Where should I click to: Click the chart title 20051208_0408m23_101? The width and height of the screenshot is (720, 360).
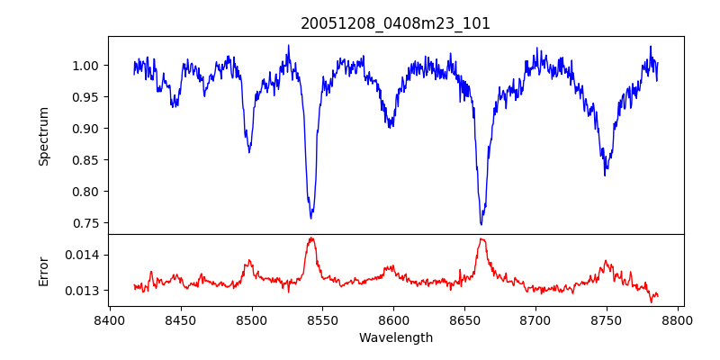point(395,23)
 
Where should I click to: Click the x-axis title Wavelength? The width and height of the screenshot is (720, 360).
point(395,337)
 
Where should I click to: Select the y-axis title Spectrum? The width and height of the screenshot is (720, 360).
point(43,136)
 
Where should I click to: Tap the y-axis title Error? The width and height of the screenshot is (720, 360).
point(43,270)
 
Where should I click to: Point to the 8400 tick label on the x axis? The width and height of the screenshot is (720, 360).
point(110,319)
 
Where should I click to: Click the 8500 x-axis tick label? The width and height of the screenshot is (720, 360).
point(252,319)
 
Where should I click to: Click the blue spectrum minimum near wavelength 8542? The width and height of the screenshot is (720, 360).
point(311,218)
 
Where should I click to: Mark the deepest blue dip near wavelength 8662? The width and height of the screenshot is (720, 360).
point(481,224)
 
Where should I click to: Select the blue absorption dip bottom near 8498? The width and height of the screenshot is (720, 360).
point(249,151)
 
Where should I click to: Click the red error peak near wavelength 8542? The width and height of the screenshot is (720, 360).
point(311,238)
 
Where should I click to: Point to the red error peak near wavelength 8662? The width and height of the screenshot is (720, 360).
point(482,239)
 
